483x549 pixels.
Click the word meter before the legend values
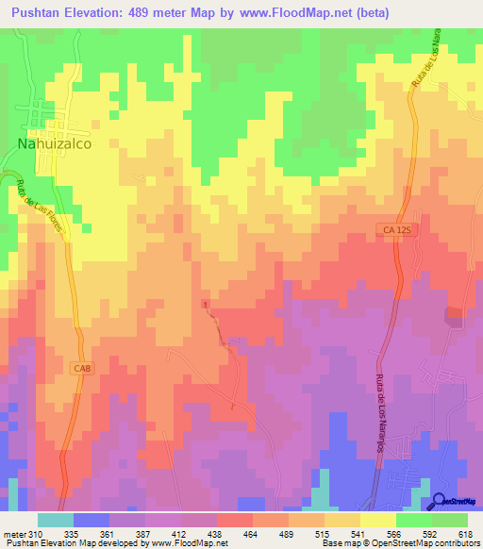(x=13, y=534)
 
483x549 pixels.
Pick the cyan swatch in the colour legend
(x=55, y=520)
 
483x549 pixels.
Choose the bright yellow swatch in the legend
(x=377, y=520)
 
